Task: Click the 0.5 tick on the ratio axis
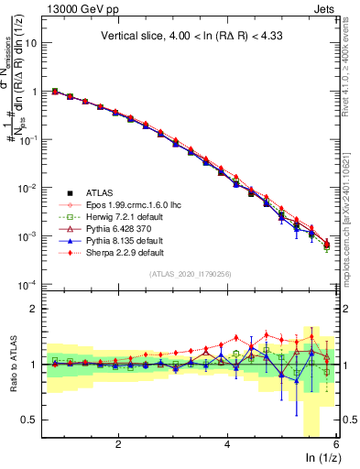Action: pos(35,420)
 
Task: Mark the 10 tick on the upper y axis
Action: pos(37,43)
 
